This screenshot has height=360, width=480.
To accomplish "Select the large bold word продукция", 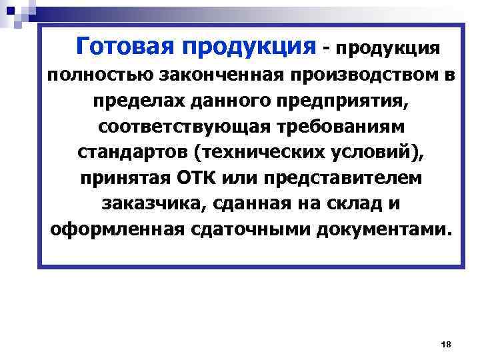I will [246, 47].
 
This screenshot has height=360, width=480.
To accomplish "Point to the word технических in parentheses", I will [259, 153].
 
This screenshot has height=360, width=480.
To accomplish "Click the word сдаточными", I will [254, 230].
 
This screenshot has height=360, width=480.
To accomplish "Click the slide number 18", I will [446, 344].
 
